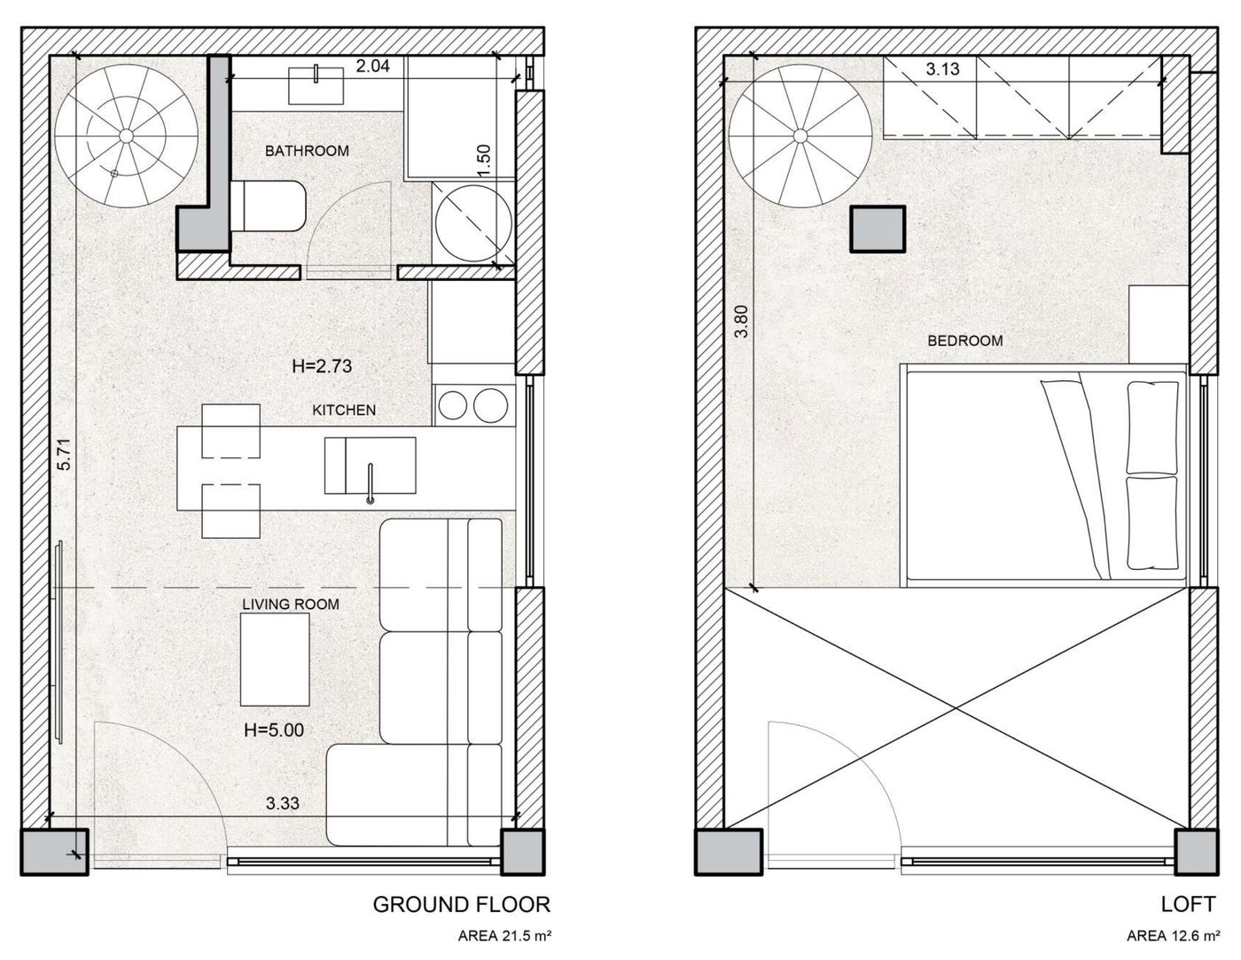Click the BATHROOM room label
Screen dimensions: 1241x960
307,151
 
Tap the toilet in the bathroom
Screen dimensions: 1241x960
268,206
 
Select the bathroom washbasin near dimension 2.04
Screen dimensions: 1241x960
316,86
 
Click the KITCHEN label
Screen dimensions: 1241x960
344,410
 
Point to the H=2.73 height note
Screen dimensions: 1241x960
322,366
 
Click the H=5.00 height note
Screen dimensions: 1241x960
274,730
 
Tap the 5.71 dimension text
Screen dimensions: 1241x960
65,454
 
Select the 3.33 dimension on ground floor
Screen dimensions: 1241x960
283,803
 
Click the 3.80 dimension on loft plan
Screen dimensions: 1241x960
741,322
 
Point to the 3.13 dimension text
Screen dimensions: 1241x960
942,70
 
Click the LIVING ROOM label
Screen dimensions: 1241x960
291,605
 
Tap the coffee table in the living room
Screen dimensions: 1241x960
275,660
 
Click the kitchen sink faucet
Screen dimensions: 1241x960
370,484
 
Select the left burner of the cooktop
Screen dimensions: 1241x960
453,405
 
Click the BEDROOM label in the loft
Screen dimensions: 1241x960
965,341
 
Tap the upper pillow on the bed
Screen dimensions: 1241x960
1152,428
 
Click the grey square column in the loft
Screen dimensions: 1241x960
878,229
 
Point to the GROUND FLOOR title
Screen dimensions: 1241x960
462,905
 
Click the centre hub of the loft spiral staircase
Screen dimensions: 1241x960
800,136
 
